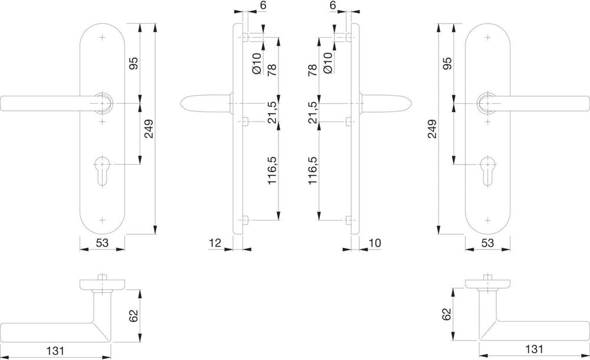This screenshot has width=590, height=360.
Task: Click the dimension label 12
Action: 215,243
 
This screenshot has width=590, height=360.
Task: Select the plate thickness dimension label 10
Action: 375,243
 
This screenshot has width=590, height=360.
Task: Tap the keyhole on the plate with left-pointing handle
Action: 102,170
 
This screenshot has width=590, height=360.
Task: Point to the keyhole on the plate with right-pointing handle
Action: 488,170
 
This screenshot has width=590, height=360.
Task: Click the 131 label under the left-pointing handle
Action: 55,351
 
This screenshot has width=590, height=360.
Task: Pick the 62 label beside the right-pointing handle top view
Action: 446,314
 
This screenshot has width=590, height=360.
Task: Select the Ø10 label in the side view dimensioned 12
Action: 257,63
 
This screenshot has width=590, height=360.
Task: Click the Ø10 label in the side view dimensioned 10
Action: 327,63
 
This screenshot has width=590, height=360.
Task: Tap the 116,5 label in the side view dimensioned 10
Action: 313,171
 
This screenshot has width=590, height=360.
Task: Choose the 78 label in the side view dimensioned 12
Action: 271,70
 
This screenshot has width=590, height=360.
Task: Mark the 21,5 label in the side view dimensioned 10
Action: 313,112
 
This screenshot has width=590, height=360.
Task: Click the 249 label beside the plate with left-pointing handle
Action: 149,129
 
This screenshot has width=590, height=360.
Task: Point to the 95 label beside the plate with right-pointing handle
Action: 447,63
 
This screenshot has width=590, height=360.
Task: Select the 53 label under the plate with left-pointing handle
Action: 102,243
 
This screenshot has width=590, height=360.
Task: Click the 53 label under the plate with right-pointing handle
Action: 487,243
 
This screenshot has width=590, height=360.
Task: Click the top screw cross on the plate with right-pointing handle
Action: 488,38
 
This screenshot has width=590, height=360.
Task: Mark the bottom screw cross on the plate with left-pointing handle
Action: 102,220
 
